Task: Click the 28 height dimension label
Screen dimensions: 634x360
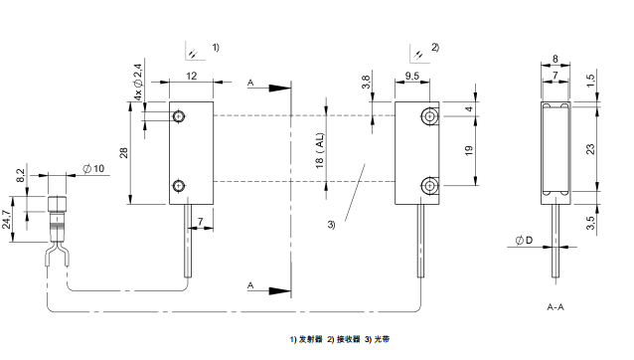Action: [x=124, y=153]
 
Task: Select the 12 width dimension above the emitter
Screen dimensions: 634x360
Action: [x=191, y=76]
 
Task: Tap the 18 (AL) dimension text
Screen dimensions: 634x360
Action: [x=319, y=150]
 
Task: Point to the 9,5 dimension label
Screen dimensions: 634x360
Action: [x=411, y=76]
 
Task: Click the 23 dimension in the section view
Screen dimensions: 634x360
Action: [x=590, y=149]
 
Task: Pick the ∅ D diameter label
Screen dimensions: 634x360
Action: [x=524, y=241]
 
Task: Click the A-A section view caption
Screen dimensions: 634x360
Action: [x=555, y=307]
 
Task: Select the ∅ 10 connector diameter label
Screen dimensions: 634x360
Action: [x=93, y=169]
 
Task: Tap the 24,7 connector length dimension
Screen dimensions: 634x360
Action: [x=7, y=219]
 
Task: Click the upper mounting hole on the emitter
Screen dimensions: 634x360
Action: [x=178, y=116]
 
